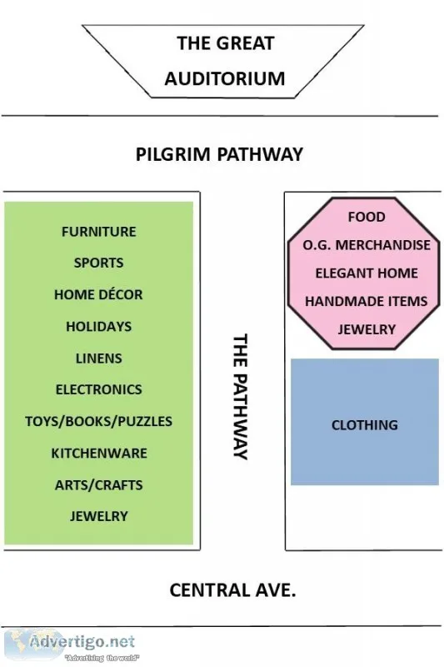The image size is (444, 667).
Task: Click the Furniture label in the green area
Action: point(98,232)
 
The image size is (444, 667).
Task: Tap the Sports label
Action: point(98,263)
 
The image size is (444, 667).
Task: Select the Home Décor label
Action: point(98,294)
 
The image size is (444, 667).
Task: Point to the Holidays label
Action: point(98,326)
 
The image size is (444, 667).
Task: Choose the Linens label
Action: point(98,359)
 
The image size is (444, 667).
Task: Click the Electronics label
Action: point(98,389)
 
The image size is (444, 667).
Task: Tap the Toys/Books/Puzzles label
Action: point(98,421)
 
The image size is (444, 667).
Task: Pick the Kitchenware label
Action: point(99,453)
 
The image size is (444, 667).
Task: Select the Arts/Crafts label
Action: point(98,485)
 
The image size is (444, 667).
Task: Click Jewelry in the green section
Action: point(98,516)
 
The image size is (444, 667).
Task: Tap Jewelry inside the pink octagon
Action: point(367,329)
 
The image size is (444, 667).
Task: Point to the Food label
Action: point(367,217)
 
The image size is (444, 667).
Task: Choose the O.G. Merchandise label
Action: point(367,245)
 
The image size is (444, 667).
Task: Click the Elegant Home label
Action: point(367,273)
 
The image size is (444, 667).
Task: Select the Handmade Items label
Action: point(366,301)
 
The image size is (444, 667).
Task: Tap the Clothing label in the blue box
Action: point(365,425)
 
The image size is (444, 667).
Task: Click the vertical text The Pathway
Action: point(240,397)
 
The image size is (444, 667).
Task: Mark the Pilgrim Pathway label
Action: point(219,153)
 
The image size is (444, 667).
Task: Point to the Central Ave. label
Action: point(233,590)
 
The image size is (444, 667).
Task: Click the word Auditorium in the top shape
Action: point(225,78)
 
